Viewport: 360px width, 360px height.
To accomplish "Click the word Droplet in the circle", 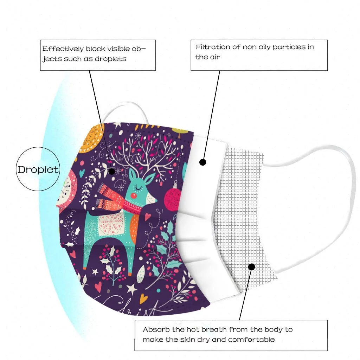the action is tap(38, 169).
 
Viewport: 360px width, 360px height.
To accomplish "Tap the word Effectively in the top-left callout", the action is tap(63, 49).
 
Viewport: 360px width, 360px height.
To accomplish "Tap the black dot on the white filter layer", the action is tap(202, 162).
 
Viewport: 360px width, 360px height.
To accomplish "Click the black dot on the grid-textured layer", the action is tap(251, 267).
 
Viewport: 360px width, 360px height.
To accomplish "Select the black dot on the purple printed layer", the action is tap(112, 172).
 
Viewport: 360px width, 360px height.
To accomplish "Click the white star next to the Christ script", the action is tap(131, 289).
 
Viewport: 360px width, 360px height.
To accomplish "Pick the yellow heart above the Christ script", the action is tap(142, 298).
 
